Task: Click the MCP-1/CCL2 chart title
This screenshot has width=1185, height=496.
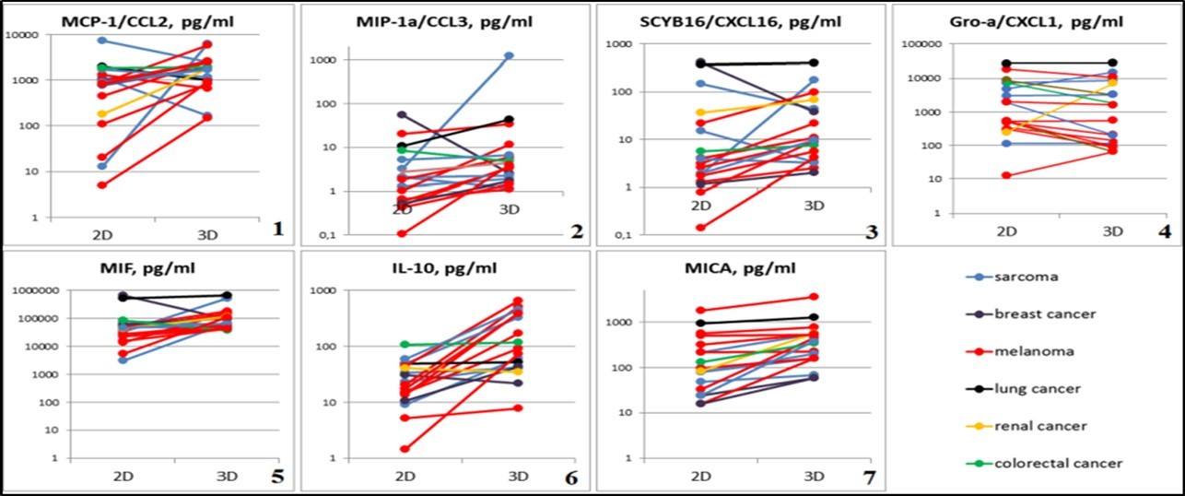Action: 150,21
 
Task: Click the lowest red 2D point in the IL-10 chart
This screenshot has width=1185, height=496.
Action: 405,449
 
